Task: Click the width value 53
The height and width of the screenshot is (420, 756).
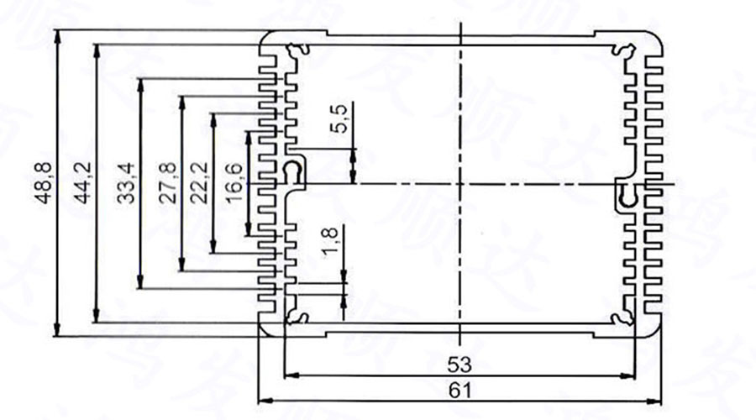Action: pos(459,365)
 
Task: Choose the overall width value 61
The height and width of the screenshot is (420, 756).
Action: pos(459,391)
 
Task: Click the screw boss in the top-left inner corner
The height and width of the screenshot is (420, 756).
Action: pos(296,51)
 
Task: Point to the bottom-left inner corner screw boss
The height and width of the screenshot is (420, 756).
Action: pos(296,317)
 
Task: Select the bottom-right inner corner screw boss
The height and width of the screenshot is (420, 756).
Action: pos(623,317)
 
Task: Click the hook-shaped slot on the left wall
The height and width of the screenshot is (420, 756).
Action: pos(294,172)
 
